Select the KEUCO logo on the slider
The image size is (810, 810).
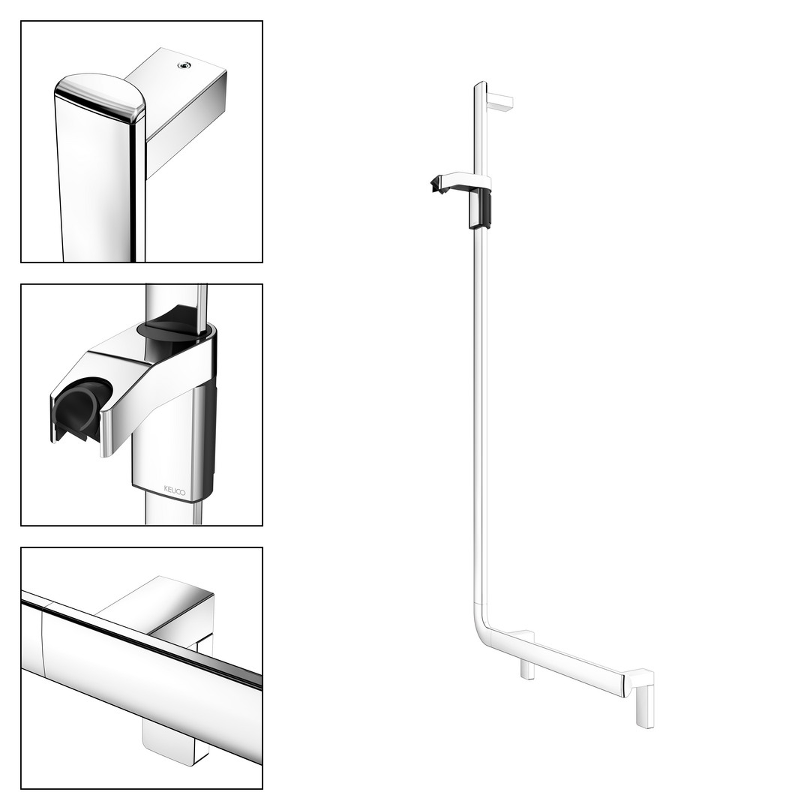pos(174,490)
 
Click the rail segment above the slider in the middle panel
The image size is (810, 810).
pos(177,304)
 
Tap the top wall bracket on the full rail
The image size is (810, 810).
pos(500,101)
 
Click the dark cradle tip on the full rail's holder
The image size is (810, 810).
pos(439,185)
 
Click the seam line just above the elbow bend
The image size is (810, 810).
pos(481,603)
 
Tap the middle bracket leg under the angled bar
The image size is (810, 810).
pos(527,669)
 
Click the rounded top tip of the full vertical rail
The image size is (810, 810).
pos(481,84)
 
